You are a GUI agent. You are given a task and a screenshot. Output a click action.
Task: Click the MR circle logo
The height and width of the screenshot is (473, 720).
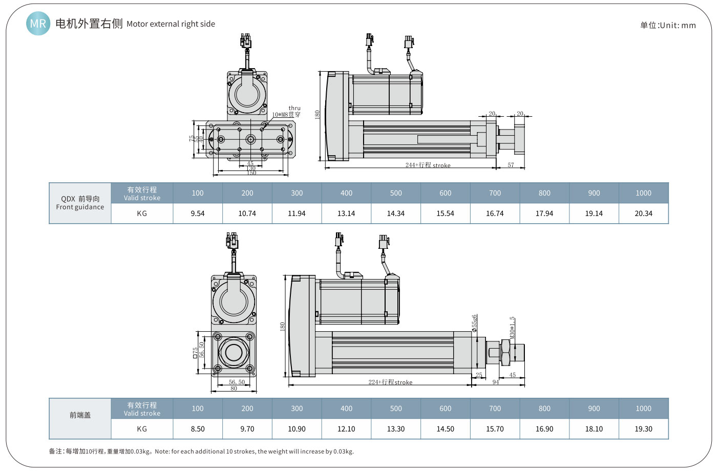click(38, 24)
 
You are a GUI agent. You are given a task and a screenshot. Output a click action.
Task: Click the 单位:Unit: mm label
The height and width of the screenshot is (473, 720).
click(668, 25)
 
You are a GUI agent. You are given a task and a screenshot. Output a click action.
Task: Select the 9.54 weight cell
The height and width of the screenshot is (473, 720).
click(198, 213)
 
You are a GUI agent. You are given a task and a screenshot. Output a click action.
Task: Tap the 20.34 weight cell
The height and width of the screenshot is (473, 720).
click(643, 213)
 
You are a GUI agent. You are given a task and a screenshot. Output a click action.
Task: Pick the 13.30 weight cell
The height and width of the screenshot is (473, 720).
click(396, 429)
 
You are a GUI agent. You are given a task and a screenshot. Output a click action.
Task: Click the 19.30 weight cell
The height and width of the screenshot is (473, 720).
click(643, 429)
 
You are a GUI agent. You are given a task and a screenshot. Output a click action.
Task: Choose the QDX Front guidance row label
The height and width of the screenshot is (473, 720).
click(80, 203)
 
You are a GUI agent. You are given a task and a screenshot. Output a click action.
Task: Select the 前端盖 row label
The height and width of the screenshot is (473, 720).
click(80, 415)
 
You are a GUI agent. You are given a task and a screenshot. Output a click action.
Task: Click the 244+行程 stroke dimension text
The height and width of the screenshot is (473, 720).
click(428, 165)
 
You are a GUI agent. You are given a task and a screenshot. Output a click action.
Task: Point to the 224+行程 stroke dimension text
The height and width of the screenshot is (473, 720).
click(390, 382)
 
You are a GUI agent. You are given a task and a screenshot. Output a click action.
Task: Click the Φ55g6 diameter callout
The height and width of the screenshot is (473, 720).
click(475, 324)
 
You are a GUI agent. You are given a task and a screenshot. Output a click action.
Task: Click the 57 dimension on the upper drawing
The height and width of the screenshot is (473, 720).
click(511, 165)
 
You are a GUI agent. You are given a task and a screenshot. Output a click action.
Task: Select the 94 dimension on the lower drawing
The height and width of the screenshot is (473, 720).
click(496, 382)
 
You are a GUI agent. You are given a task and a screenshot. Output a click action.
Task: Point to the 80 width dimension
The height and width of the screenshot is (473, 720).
click(234, 389)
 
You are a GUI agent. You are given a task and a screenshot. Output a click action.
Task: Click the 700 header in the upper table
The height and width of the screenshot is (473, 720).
click(495, 193)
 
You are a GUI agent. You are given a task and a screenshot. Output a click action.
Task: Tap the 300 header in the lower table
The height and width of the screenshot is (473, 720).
click(297, 408)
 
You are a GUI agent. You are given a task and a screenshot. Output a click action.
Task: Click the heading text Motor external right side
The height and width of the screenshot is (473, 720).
click(171, 24)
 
